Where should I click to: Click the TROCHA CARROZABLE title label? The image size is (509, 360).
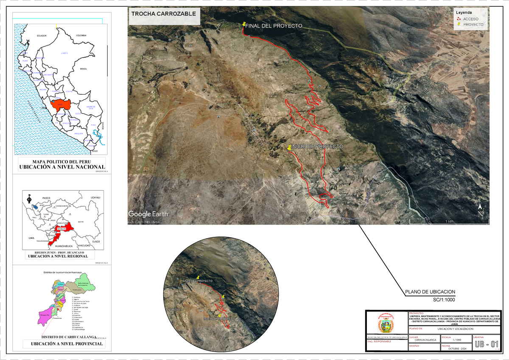pos(163,14)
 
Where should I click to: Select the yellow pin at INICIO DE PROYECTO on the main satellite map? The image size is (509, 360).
pos(289,147)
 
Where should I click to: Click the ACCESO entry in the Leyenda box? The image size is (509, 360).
pos(470,19)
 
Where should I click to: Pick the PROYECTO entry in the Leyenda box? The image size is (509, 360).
pos(473,25)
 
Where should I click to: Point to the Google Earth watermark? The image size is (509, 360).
pos(148,214)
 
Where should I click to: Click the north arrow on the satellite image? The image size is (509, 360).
pos(480,211)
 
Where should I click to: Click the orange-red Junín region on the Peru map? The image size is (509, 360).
pos(59,104)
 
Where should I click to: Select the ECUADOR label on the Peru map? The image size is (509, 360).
pos(42,36)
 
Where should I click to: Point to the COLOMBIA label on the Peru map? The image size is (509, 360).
pos(81,36)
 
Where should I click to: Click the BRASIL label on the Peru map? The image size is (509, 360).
pos(83,68)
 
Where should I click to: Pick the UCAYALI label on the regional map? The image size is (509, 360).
pos(95,198)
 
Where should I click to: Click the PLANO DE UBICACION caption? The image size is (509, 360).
pos(430,292)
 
